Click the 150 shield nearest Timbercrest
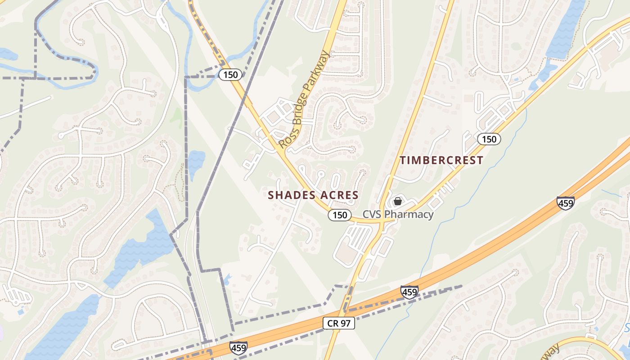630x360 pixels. [x=489, y=139]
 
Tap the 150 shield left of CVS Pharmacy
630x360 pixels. [x=339, y=215]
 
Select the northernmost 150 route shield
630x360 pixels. [x=230, y=75]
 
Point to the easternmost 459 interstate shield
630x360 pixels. [x=565, y=203]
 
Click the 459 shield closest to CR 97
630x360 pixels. [x=409, y=292]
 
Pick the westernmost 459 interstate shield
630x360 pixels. [x=238, y=348]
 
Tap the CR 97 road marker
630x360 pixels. [x=339, y=323]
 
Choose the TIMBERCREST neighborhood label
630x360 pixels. [x=441, y=160]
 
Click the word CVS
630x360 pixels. [x=372, y=214]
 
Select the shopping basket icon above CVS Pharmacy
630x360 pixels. [x=398, y=201]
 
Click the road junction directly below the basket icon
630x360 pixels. [x=380, y=221]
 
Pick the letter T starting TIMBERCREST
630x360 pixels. [x=403, y=160]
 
